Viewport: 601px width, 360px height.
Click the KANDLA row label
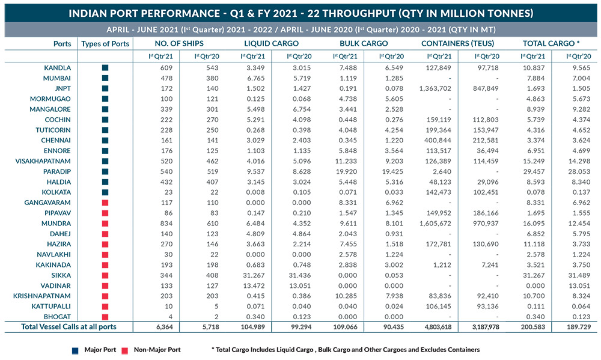tap(58, 68)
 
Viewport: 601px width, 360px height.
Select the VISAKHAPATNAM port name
tap(43, 161)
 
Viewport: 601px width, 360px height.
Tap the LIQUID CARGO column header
tap(272, 44)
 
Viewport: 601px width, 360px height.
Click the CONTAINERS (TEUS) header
tap(457, 44)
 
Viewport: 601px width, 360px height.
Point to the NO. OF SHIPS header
tap(179, 44)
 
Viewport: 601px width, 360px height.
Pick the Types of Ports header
tap(105, 44)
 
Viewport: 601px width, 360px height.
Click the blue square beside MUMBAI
tap(105, 78)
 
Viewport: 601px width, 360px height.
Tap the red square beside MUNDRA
tap(105, 224)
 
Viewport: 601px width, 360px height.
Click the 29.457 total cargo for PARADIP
tap(534, 171)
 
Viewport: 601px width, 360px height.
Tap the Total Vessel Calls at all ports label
tap(69, 327)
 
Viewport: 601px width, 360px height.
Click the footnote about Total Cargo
tap(346, 350)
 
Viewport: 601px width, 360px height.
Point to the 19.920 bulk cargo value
tap(347, 171)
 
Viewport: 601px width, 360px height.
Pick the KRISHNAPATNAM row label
tap(42, 296)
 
